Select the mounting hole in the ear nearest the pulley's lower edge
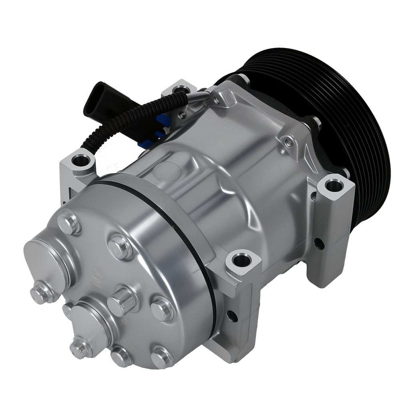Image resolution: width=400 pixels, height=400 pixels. point(333,185)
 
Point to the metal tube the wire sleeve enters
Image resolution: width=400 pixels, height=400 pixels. point(198,96)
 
